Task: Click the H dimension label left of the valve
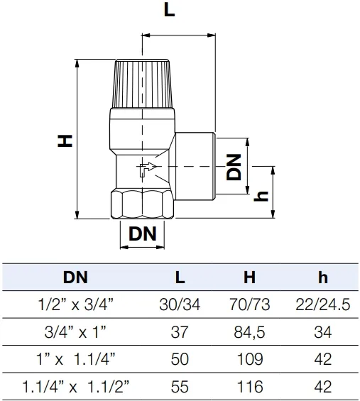point(66,141)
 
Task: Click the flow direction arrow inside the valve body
point(145,169)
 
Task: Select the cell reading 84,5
point(249,331)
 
